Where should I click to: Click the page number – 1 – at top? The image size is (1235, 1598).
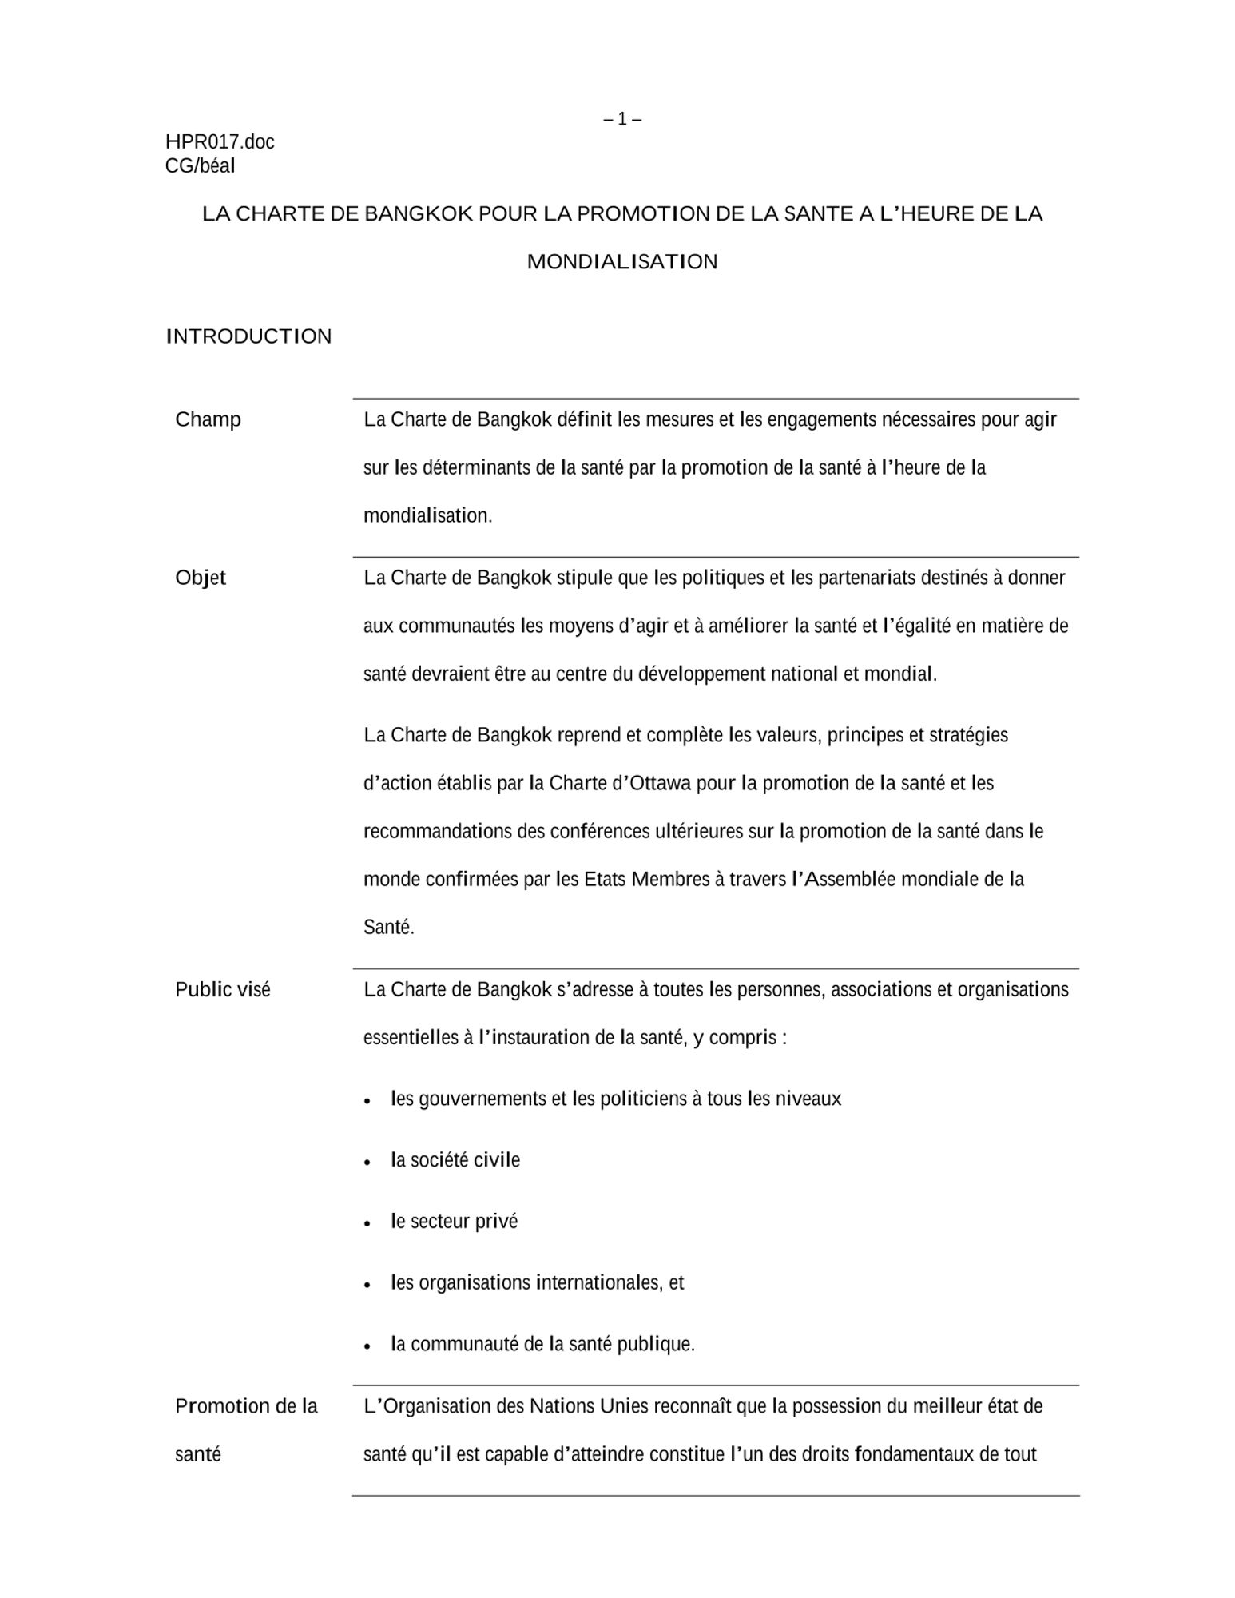(622, 119)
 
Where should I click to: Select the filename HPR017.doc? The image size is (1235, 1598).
(220, 142)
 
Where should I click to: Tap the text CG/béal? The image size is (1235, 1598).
(200, 166)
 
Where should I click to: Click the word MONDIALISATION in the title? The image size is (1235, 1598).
(622, 262)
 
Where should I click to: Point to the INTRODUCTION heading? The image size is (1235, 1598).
(248, 336)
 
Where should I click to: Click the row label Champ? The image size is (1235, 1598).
(208, 419)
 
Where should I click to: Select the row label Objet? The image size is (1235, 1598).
(201, 578)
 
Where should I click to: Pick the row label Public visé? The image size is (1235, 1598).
(223, 990)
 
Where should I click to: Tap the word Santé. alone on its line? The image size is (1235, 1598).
(389, 928)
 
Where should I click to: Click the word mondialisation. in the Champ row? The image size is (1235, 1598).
(428, 516)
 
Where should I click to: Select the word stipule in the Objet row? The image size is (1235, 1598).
(584, 578)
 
